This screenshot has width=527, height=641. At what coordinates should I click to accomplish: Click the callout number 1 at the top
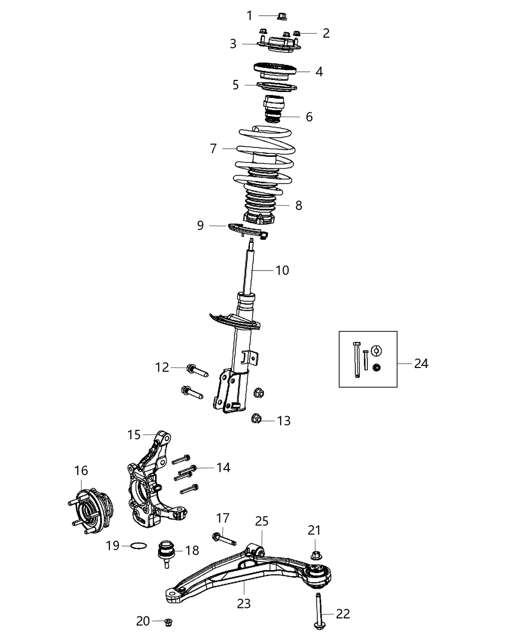pyautogui.click(x=249, y=16)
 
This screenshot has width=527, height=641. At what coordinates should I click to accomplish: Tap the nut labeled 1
pyautogui.click(x=281, y=17)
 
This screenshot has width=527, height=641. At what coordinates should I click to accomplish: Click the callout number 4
pyautogui.click(x=319, y=72)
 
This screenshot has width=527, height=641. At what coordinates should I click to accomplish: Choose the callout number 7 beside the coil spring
pyautogui.click(x=213, y=149)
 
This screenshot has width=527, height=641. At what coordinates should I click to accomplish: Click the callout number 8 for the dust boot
pyautogui.click(x=299, y=205)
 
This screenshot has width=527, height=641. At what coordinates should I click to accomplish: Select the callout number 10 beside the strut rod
pyautogui.click(x=282, y=270)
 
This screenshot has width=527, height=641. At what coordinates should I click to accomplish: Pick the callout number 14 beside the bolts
pyautogui.click(x=223, y=468)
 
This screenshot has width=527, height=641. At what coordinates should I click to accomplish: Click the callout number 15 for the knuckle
pyautogui.click(x=134, y=435)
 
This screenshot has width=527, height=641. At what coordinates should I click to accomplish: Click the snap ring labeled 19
pyautogui.click(x=138, y=545)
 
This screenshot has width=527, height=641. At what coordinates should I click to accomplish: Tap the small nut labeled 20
pyautogui.click(x=169, y=622)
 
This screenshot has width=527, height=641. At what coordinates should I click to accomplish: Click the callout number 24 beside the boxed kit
pyautogui.click(x=421, y=363)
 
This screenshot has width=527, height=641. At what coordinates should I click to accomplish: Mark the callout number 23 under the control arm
pyautogui.click(x=243, y=603)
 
